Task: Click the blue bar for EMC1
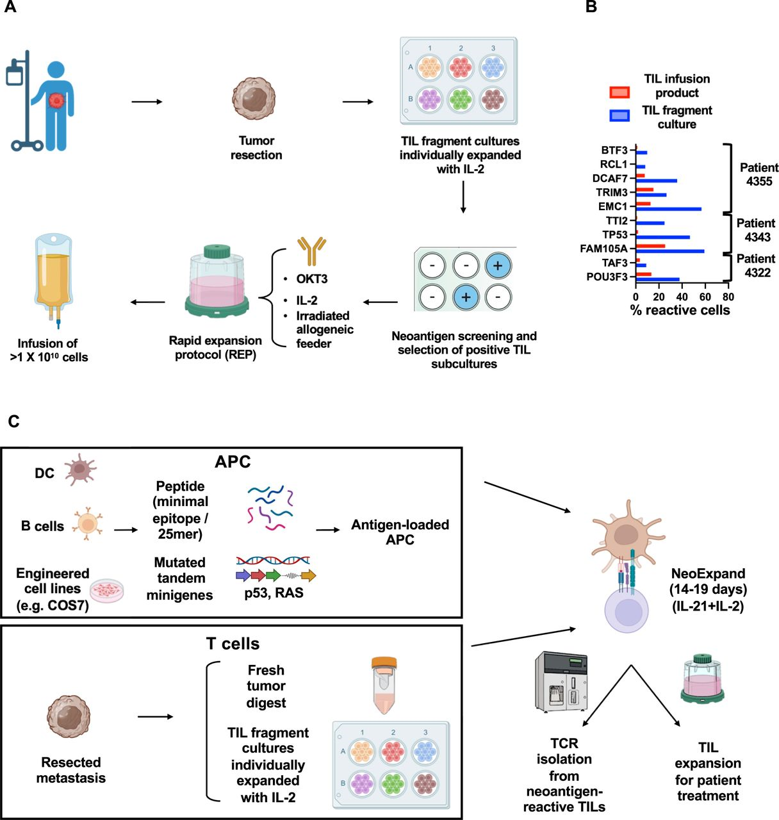pyautogui.click(x=668, y=209)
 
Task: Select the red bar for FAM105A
pyautogui.click(x=650, y=245)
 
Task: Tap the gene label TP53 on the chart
pyautogui.click(x=614, y=234)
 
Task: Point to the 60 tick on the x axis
pyautogui.click(x=705, y=297)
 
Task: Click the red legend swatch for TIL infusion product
pyautogui.click(x=619, y=92)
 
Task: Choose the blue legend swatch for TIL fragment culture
pyautogui.click(x=619, y=116)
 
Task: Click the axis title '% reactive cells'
pyautogui.click(x=680, y=311)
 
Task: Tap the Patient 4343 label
pyautogui.click(x=755, y=230)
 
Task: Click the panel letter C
pyautogui.click(x=13, y=421)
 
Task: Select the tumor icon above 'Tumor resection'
pyautogui.click(x=254, y=99)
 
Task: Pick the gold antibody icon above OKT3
pyautogui.click(x=312, y=250)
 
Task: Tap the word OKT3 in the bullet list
pyautogui.click(x=312, y=279)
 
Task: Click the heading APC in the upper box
pyautogui.click(x=233, y=461)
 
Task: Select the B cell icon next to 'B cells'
pyautogui.click(x=86, y=523)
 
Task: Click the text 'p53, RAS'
pyautogui.click(x=274, y=593)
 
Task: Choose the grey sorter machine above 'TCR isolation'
pyautogui.click(x=561, y=682)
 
